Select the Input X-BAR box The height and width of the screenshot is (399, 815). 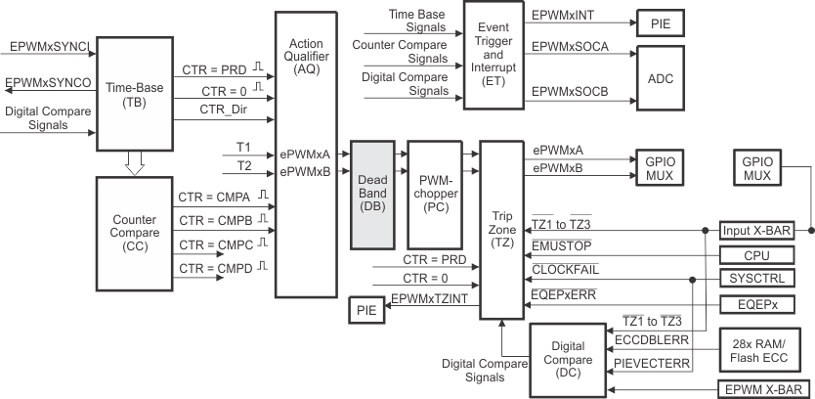(756, 231)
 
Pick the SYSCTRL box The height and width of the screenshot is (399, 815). (756, 279)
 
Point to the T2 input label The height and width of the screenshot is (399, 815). (243, 164)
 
